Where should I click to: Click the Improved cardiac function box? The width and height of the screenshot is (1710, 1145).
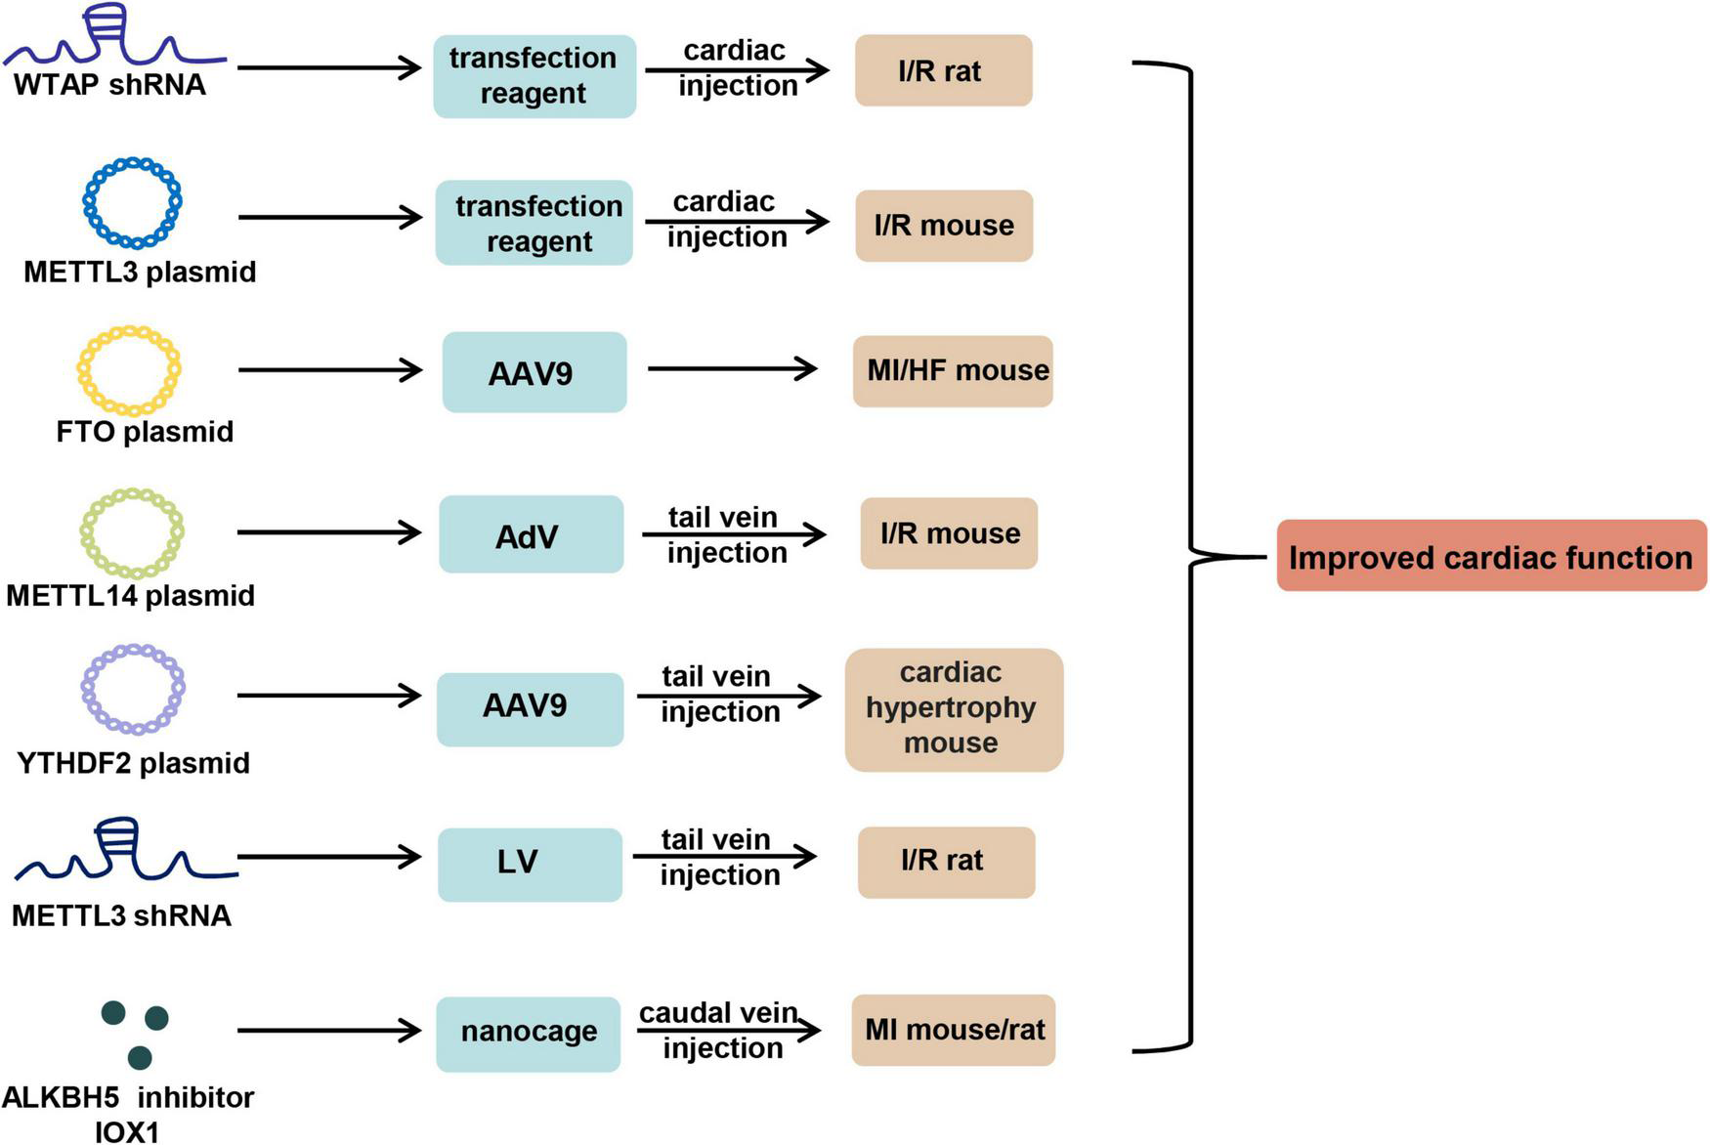[1490, 556]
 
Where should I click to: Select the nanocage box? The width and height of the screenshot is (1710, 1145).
[529, 1033]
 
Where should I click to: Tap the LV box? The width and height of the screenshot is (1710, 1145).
[529, 864]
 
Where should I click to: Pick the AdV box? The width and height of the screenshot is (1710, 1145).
[530, 534]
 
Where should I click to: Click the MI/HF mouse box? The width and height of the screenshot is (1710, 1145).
[953, 371]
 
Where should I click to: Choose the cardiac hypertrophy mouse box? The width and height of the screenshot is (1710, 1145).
[953, 709]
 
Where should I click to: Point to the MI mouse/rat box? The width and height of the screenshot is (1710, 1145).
[953, 1030]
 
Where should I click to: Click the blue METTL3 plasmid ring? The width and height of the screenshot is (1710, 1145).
[132, 202]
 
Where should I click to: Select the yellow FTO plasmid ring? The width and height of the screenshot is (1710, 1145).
[129, 370]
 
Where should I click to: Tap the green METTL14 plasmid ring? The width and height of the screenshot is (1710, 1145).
[132, 533]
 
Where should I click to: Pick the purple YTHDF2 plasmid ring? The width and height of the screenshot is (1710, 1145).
[133, 689]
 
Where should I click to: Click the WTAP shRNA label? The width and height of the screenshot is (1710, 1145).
[109, 85]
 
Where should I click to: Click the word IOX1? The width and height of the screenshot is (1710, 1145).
[127, 1131]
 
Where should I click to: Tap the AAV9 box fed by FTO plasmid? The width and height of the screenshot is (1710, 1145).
[534, 372]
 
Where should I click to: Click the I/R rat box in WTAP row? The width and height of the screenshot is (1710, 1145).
[943, 70]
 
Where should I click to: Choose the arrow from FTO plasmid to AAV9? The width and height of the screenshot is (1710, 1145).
[329, 370]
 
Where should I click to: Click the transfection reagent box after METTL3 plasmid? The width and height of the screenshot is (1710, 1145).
[534, 223]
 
